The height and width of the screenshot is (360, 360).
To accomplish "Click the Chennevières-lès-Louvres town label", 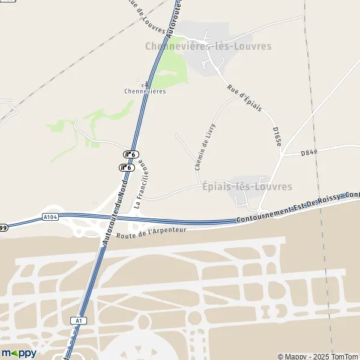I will coord(208,46).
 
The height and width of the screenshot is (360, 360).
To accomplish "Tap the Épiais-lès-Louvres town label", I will coord(247,187).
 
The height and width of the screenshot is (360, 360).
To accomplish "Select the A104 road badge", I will coord(50,217).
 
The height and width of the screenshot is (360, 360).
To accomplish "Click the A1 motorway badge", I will coord(79,321).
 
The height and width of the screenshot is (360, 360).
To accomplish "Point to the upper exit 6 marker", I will coord(131,155).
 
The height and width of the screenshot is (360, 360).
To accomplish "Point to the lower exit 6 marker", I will coord(127,168).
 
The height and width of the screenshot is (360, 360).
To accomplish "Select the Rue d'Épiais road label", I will coord(244,98).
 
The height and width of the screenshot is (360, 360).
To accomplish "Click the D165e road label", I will coord(277,137).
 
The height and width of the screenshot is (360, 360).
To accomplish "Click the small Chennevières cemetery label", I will coord(145,91).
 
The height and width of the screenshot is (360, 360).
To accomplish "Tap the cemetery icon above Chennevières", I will coord(143,82).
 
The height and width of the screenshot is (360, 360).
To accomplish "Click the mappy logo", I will coord(19,353).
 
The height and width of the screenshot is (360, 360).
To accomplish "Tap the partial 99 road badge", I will coord(3,227).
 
